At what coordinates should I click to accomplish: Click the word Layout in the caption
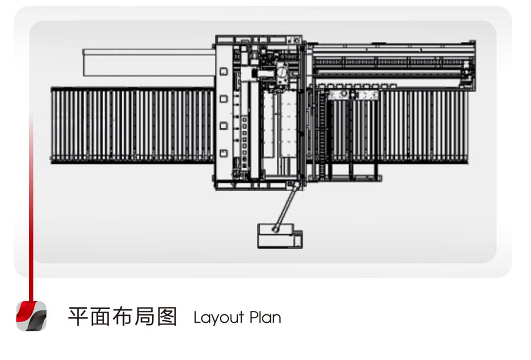[219, 318]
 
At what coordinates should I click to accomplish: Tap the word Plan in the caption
[265, 317]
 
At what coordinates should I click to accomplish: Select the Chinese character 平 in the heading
[78, 317]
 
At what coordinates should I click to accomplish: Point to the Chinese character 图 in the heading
[167, 317]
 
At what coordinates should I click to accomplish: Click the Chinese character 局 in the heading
[144, 317]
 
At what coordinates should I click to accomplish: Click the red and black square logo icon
[31, 316]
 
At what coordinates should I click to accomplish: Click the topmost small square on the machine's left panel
[224, 72]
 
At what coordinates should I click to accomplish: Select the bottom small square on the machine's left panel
[224, 153]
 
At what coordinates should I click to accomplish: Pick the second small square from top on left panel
[224, 98]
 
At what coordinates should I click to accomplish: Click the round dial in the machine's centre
[282, 72]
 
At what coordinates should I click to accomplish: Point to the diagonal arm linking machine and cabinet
[286, 207]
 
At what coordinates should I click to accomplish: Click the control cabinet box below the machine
[279, 236]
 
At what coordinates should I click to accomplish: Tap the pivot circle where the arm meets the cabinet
[275, 230]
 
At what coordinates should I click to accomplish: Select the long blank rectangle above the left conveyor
[149, 63]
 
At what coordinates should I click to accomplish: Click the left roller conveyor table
[132, 125]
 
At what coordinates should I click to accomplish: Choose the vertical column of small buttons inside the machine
[245, 142]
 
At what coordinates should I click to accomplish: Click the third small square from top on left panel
[224, 126]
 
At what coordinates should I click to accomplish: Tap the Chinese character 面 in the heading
[100, 317]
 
